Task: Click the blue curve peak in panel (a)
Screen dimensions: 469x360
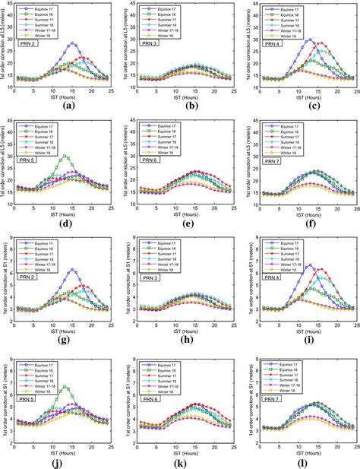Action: point(73,43)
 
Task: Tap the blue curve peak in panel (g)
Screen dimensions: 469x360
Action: point(73,270)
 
